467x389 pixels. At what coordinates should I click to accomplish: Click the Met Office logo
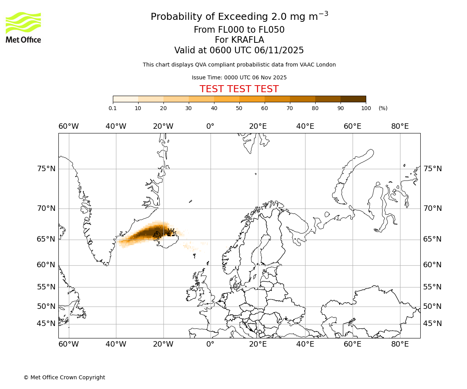point(23,27)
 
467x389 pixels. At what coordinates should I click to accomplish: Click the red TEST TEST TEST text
point(239,89)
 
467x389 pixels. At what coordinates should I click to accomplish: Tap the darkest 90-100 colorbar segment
point(353,99)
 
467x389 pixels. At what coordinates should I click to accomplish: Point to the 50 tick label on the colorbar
point(239,108)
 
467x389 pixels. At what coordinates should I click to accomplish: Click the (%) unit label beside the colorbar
point(383,108)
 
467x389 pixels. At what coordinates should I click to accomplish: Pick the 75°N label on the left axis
point(46,169)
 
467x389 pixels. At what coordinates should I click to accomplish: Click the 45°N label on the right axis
point(432,324)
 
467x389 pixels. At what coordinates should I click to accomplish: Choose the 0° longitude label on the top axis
point(210,126)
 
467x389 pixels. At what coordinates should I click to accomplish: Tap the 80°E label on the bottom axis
point(400,344)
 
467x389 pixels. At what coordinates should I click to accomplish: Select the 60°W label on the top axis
point(68,126)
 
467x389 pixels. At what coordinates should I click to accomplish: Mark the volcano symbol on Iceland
point(170,232)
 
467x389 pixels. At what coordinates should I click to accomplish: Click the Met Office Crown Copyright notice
point(64,377)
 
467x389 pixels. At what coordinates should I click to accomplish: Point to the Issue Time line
point(239,77)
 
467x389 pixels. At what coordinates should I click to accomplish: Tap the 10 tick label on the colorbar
point(138,108)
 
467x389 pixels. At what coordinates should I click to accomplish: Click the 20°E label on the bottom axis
point(258,344)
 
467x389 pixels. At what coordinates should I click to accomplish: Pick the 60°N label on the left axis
point(46,265)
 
